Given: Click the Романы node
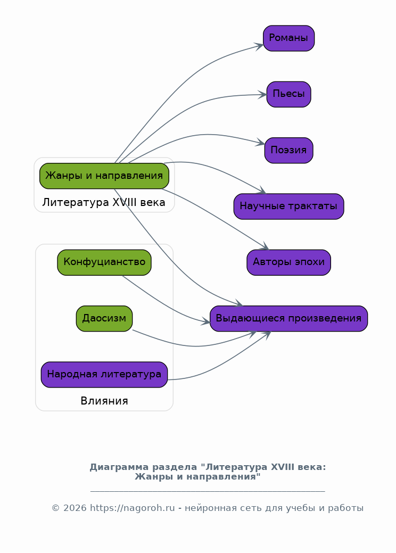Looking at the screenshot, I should pyautogui.click(x=288, y=38).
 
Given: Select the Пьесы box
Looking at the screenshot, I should pyautogui.click(x=288, y=94).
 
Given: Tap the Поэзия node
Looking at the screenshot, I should pyautogui.click(x=288, y=150).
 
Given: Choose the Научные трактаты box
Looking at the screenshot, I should pyautogui.click(x=288, y=207).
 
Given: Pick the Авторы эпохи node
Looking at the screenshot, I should pyautogui.click(x=288, y=262).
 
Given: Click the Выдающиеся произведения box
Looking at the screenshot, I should pyautogui.click(x=288, y=318).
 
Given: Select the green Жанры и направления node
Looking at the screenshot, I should pyautogui.click(x=104, y=176).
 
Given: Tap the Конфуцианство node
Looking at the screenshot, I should pyautogui.click(x=104, y=262).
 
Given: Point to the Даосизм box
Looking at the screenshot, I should pyautogui.click(x=104, y=318).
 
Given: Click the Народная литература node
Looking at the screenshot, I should pyautogui.click(x=104, y=374).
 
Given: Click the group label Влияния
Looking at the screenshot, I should pyautogui.click(x=104, y=401).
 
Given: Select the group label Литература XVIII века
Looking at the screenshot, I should pyautogui.click(x=104, y=203).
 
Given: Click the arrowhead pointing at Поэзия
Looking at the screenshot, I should pyautogui.click(x=261, y=143).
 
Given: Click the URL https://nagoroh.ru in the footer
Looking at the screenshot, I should pyautogui.click(x=132, y=508).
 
